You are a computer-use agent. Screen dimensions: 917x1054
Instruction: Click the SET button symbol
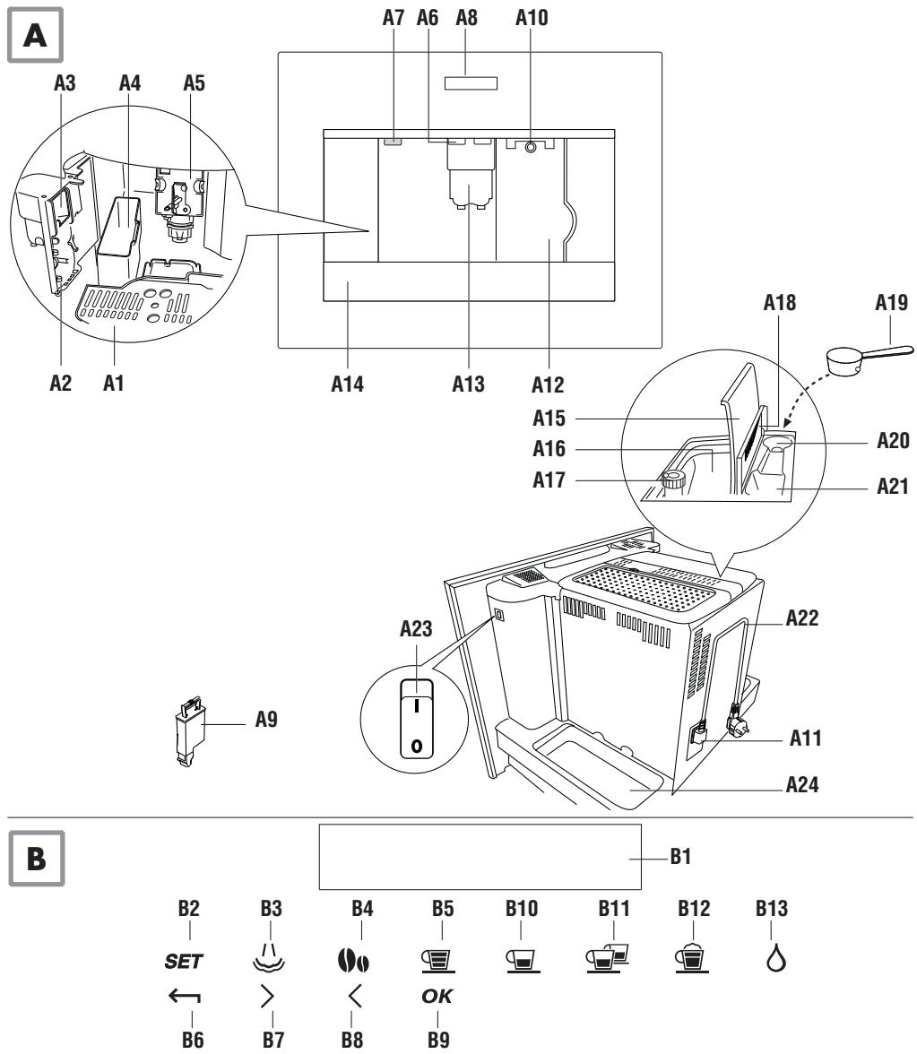point(184,962)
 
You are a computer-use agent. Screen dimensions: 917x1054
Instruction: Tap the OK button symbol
point(437,997)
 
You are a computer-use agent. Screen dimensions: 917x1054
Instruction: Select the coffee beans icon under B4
point(353,961)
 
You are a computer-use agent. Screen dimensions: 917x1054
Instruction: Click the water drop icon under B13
point(776,958)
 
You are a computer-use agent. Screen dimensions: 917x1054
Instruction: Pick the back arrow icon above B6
point(185,997)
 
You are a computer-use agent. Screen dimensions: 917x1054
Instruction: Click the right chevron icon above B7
point(267,997)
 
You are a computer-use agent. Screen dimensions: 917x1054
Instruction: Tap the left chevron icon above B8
point(355,997)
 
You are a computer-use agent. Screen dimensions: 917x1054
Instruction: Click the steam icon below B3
point(269,957)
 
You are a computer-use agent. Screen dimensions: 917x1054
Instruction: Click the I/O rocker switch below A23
point(416,719)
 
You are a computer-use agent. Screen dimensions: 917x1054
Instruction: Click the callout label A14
point(348,384)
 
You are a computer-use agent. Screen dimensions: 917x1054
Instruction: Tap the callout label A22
point(802,618)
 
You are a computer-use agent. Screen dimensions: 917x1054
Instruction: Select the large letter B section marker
point(36,859)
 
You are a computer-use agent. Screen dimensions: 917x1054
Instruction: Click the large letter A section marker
point(35,35)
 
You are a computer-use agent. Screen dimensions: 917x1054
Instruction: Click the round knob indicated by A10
point(531,146)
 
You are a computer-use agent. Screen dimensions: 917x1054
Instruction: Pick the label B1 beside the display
point(680,857)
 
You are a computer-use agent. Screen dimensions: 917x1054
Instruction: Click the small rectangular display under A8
point(471,83)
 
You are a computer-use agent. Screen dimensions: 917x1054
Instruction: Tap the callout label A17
point(549,480)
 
